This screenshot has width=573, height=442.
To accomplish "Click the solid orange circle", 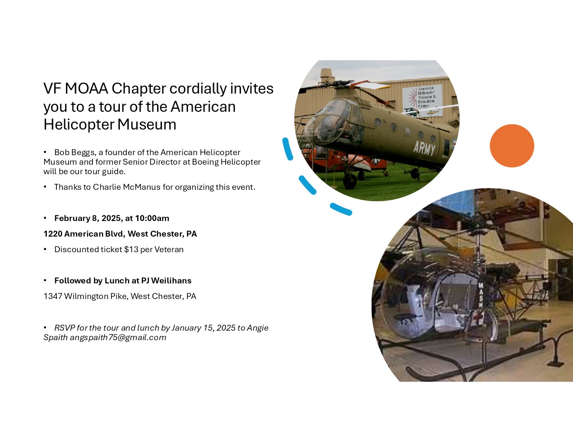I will (x=512, y=146).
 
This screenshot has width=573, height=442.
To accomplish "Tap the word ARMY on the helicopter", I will (x=424, y=148).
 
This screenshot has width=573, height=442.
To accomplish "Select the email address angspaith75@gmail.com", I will (x=118, y=338).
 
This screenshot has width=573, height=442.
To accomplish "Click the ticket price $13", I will (x=131, y=250).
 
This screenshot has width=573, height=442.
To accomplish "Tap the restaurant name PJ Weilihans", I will (x=166, y=281).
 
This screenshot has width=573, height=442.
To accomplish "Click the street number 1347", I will (x=53, y=296).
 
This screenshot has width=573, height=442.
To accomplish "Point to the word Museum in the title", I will (x=147, y=125).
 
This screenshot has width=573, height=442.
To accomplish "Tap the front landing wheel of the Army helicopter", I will (x=350, y=180).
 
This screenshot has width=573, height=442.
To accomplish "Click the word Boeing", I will (x=205, y=162).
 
